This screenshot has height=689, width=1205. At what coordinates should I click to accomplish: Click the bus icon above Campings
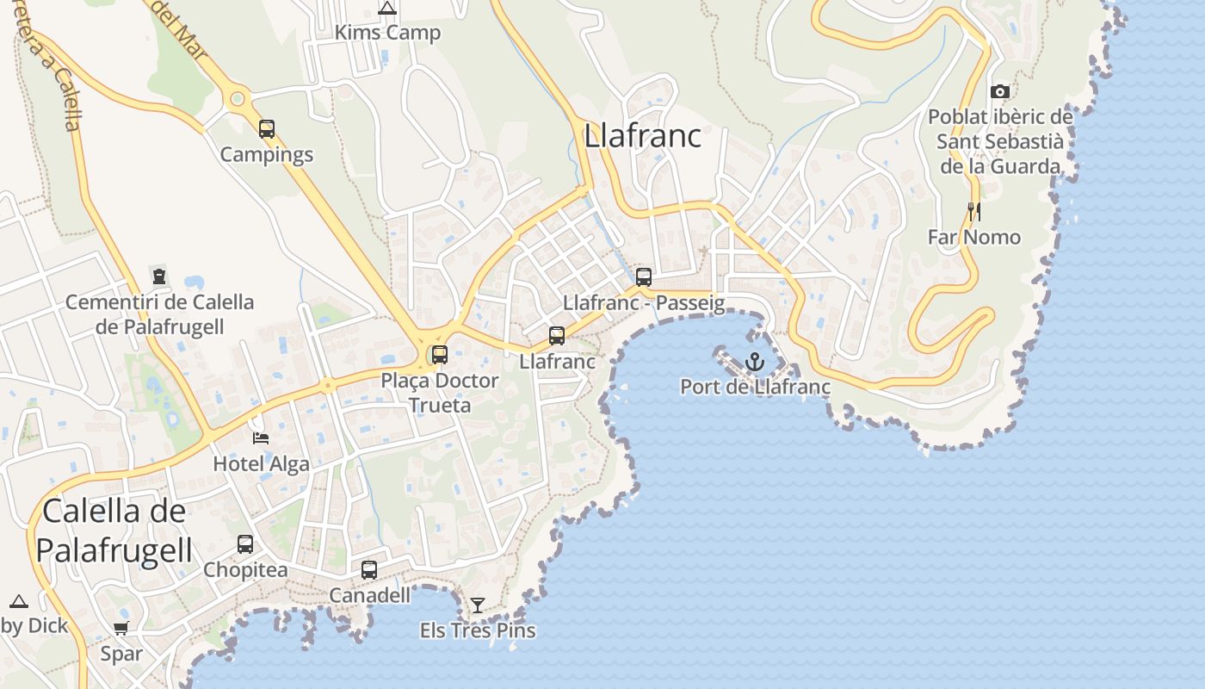click(267, 129)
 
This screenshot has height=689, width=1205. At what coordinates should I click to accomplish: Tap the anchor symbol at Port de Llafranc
click(755, 362)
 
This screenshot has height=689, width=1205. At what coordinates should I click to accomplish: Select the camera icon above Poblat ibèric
click(999, 91)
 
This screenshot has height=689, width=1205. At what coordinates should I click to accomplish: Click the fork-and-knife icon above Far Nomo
click(974, 212)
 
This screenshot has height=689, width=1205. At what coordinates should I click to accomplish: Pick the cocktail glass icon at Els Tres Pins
click(478, 605)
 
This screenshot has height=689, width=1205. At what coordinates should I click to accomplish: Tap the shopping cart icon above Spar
click(121, 629)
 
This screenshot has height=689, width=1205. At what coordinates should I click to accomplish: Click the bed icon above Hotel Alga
click(261, 438)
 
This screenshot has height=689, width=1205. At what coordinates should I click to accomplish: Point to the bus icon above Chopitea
click(245, 544)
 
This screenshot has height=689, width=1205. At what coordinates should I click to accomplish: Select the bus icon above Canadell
click(369, 570)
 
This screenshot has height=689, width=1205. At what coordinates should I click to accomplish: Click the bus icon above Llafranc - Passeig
click(644, 277)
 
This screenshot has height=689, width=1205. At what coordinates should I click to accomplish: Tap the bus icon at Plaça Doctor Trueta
click(440, 354)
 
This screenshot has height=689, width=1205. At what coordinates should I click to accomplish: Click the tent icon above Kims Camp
click(387, 9)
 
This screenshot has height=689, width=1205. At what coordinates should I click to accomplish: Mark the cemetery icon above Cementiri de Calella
click(159, 276)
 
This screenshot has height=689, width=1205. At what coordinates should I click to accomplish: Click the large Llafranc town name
click(643, 136)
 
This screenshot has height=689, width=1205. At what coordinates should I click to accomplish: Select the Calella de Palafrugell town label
click(114, 531)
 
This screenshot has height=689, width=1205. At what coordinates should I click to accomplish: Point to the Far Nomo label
click(974, 237)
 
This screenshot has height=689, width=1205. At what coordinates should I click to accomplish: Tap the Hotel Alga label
click(261, 463)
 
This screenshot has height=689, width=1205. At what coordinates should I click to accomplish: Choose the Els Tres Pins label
click(478, 630)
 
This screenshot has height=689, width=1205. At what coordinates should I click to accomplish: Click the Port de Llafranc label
click(755, 387)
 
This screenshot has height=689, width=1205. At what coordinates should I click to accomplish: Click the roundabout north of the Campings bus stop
click(238, 100)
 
